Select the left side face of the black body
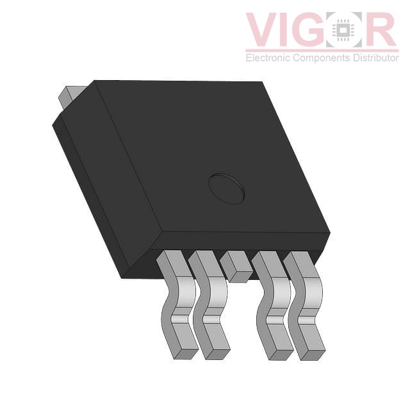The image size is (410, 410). point(102,186)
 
